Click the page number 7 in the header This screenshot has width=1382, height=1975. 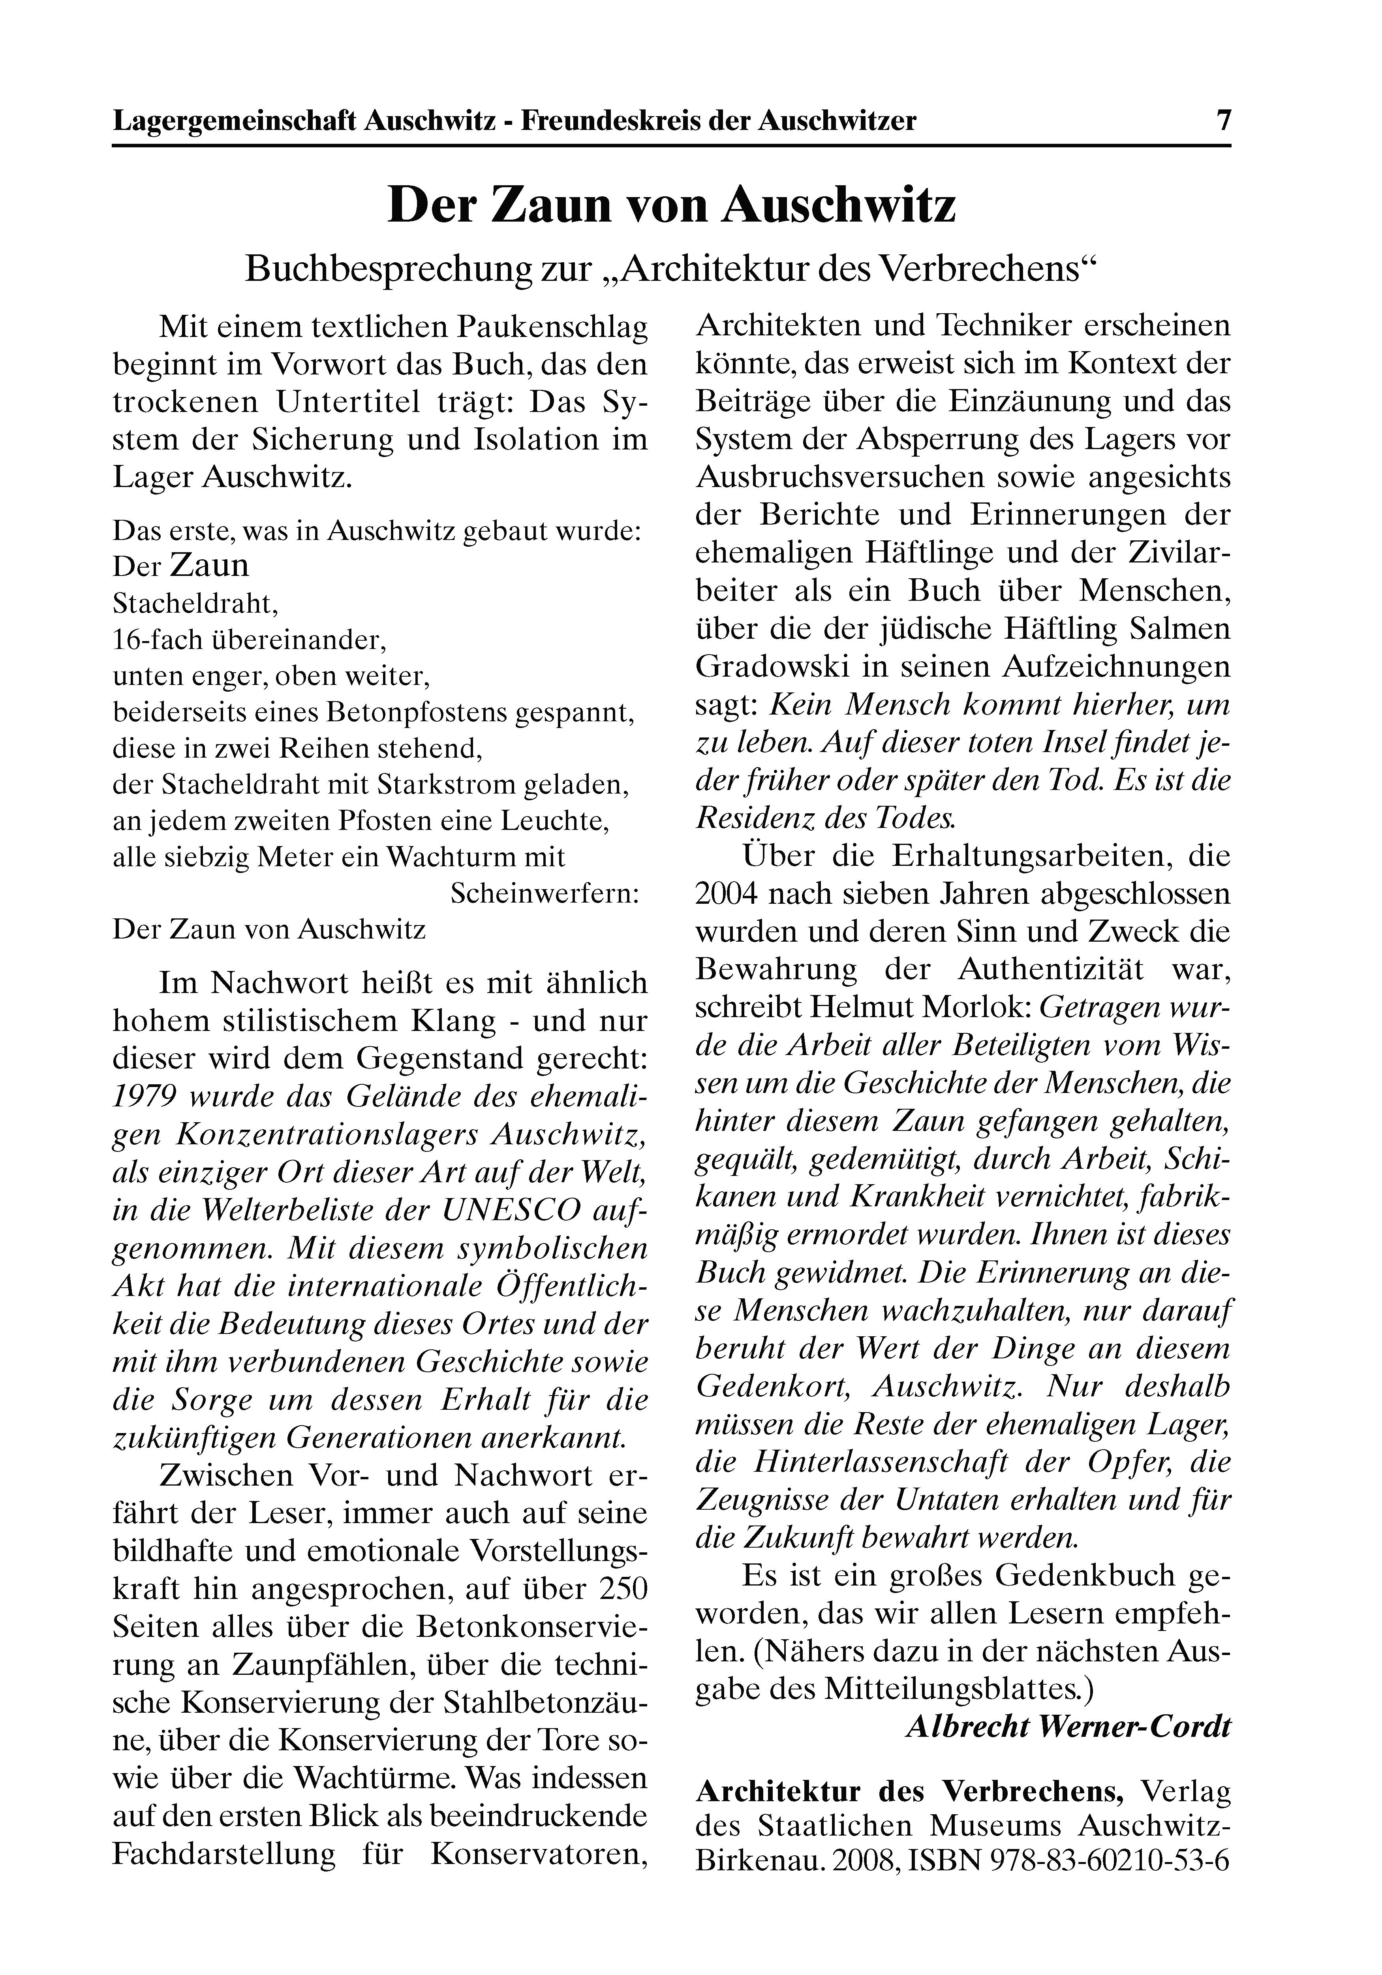pos(1222,120)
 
